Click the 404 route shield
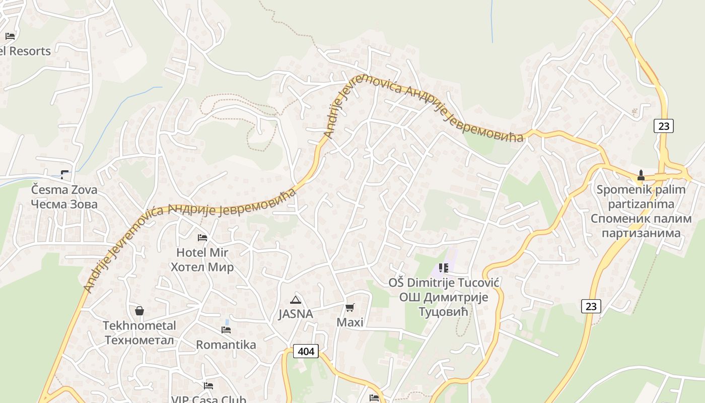(x=306, y=351)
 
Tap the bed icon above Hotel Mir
(x=202, y=237)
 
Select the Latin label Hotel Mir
(x=202, y=252)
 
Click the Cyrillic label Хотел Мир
(x=202, y=266)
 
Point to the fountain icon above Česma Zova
(x=64, y=175)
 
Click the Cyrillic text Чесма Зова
(x=64, y=204)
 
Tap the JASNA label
(x=296, y=314)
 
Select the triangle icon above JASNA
(x=296, y=300)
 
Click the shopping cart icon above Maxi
(x=349, y=307)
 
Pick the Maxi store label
(x=349, y=322)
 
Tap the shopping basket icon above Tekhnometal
(x=139, y=311)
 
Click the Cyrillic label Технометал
(x=139, y=340)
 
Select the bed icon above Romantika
(x=226, y=330)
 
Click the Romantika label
(x=226, y=345)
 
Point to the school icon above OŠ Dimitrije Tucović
(x=443, y=268)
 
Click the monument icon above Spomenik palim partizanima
(x=641, y=175)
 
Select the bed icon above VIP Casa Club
(x=208, y=386)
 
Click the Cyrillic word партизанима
(x=641, y=233)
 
